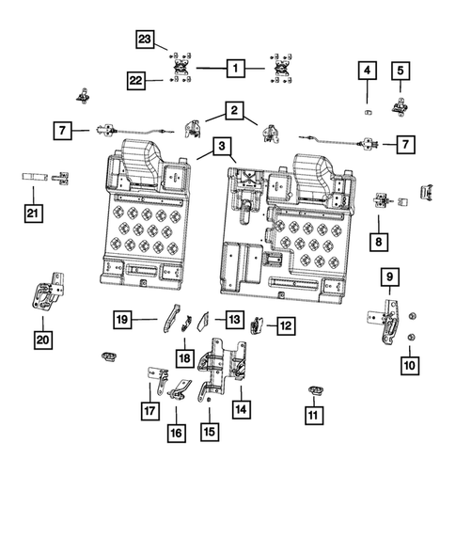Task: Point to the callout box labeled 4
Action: pos(367,71)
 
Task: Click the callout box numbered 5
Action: pos(400,70)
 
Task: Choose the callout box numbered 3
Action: pos(220,147)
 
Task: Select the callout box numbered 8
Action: pos(381,241)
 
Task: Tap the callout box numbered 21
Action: pos(33,214)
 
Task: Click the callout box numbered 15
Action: pos(209,432)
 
